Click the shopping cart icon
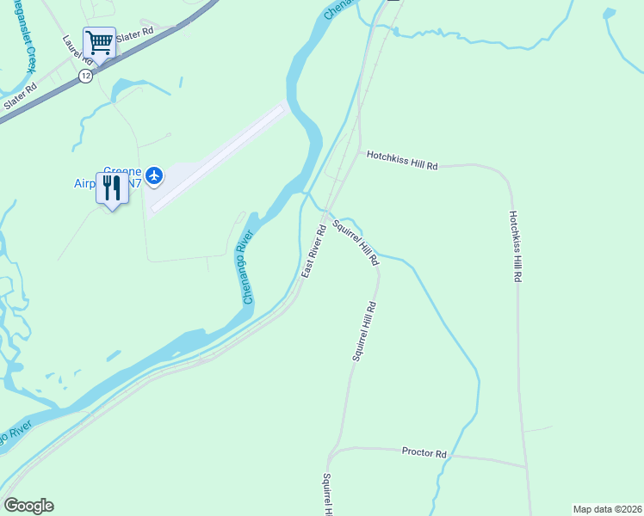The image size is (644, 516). pos(99,41)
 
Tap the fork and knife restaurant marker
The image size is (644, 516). pos(111,187)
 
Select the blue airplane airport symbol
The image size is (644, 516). pos(154,176)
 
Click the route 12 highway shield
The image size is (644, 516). pos(85,76)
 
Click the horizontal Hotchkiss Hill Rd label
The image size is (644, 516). pos(402,160)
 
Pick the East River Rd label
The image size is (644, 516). pos(313,250)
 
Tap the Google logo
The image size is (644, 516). pos(28,506)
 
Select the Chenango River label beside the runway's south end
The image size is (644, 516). pos(248,266)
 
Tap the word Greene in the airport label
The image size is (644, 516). pos(122,171)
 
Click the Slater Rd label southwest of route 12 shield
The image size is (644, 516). pos(21,95)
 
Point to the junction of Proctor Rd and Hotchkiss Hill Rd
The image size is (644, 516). pos(526,467)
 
